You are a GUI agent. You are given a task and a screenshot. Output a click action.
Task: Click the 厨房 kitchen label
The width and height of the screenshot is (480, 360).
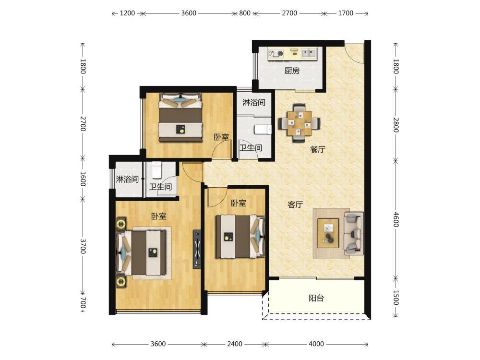292,71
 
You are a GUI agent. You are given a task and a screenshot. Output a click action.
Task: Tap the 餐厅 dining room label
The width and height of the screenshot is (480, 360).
317,149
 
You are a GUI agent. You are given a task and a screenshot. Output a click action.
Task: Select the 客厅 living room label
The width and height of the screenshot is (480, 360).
295,204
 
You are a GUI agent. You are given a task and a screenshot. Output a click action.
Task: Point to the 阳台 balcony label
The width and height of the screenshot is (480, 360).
316,298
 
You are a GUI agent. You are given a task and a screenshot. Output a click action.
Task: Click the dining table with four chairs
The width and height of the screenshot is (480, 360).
299,123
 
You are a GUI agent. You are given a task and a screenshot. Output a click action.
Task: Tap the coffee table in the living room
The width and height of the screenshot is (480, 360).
328,233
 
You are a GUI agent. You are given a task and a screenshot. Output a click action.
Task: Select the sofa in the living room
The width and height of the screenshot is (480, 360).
354,233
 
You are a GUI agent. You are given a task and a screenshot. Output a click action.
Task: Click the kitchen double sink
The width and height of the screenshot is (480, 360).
309,53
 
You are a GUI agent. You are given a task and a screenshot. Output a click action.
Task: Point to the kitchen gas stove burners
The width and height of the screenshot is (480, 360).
276,53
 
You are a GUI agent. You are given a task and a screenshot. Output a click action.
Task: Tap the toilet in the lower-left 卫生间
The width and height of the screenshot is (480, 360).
156,170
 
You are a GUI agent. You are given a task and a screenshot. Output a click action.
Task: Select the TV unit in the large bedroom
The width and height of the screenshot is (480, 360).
197,249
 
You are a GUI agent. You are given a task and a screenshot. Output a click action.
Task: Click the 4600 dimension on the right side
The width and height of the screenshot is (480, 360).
396,219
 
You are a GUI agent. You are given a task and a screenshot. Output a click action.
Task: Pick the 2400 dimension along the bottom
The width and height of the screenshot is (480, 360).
235,344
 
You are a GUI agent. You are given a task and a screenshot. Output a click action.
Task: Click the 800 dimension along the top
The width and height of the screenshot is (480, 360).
245,13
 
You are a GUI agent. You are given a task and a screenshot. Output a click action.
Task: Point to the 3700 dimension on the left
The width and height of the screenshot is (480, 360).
83,246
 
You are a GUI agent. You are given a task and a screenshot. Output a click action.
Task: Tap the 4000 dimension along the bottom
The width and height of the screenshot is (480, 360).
316,344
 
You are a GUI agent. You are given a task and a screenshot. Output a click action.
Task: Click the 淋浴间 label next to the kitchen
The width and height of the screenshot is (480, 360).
254,103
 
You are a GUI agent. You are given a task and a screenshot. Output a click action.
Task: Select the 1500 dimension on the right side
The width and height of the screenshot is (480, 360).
396,298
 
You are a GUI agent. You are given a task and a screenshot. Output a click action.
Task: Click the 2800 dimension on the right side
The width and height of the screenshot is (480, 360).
396,125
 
